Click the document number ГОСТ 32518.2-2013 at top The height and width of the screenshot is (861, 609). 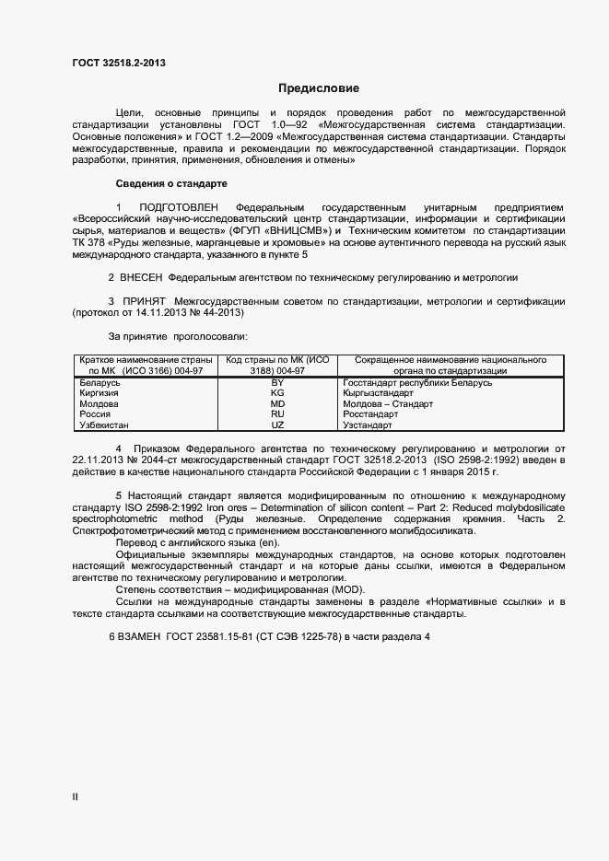[119, 64]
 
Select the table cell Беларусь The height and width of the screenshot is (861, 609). [100, 381]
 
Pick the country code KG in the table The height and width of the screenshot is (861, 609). [277, 392]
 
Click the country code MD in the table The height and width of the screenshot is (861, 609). [277, 403]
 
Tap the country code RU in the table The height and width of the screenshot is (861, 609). [277, 414]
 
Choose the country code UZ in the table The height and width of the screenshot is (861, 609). [277, 425]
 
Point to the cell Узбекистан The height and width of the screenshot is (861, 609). [105, 425]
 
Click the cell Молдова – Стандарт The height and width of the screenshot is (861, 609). [387, 403]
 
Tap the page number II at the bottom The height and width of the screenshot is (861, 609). [76, 797]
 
